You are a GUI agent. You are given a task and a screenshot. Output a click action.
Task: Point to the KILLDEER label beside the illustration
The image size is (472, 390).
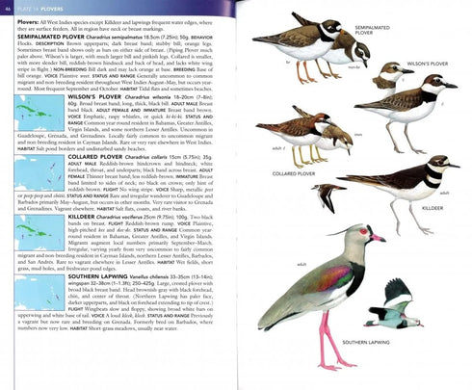[x=433, y=207]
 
